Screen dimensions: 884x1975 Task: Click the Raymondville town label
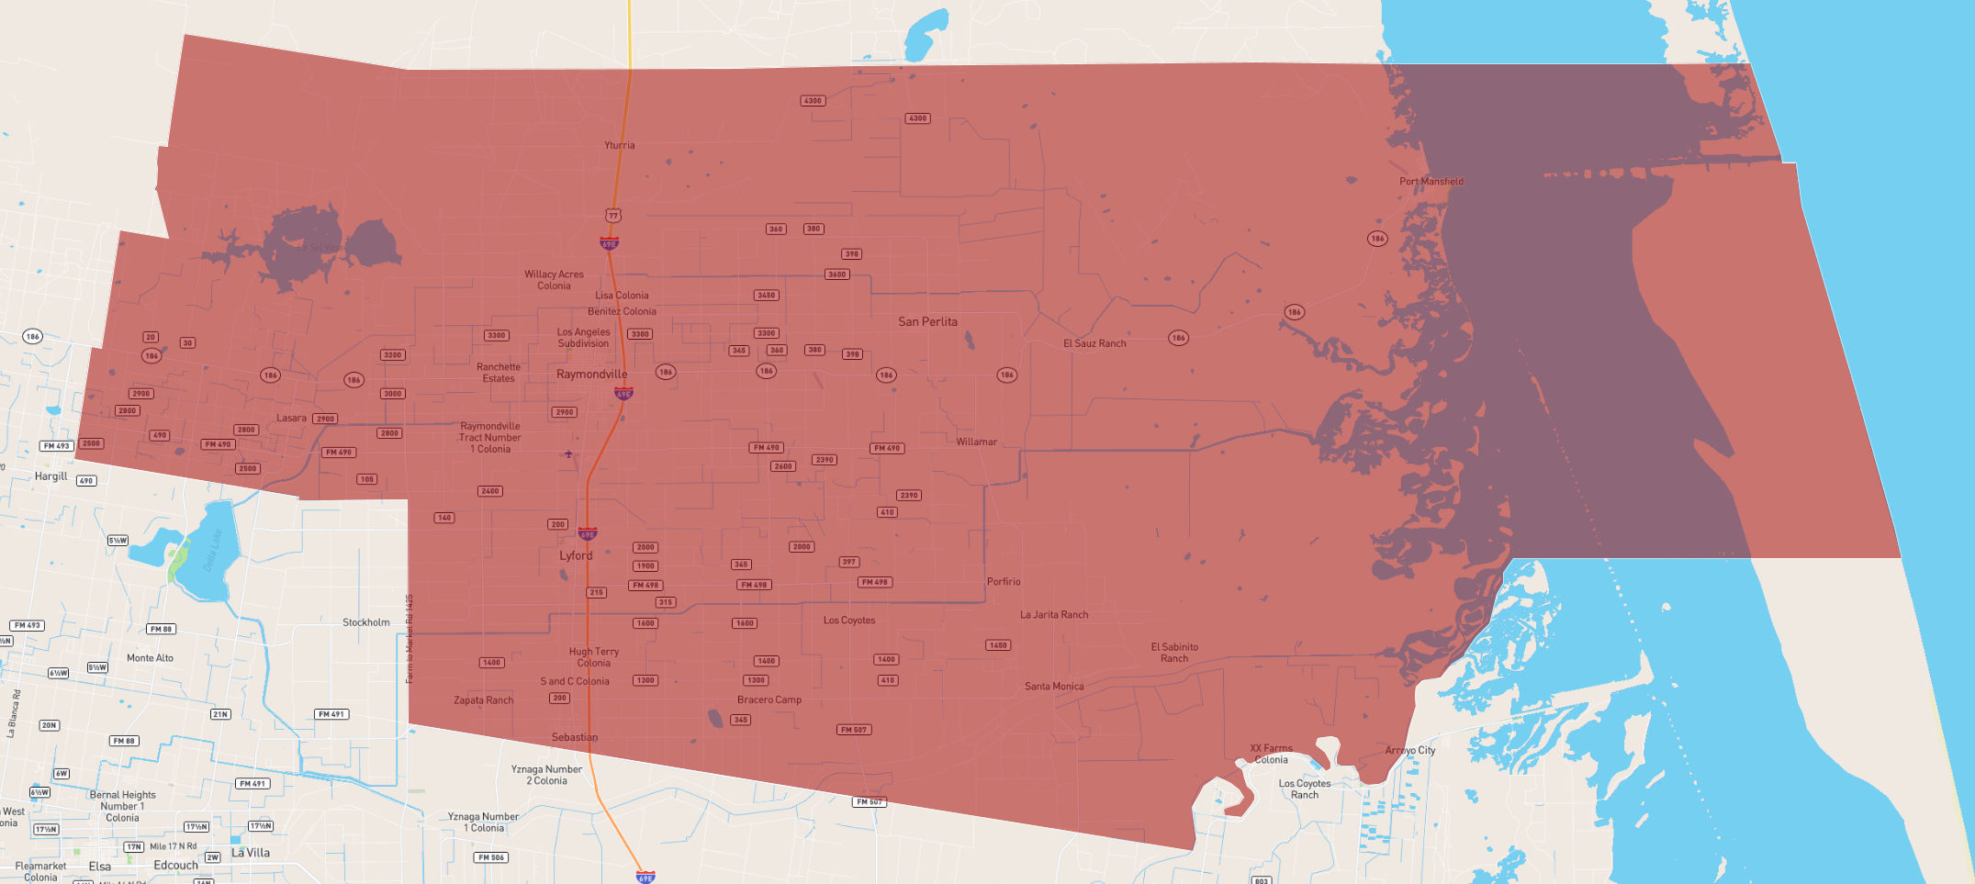pos(591,374)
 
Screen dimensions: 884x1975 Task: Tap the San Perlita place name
pos(927,321)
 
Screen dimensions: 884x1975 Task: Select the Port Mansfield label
pos(1431,181)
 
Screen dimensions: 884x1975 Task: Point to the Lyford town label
pos(576,555)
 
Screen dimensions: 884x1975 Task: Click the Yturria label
pos(619,145)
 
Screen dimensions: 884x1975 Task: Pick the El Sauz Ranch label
pos(1094,343)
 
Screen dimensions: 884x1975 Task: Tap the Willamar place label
pos(976,442)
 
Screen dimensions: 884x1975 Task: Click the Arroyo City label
pos(1409,750)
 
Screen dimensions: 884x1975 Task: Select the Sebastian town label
pos(574,737)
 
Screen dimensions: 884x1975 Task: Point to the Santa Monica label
pos(1054,686)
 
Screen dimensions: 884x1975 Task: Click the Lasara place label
pos(291,418)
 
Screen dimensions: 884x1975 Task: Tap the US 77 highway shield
pos(612,216)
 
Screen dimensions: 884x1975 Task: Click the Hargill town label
pos(50,476)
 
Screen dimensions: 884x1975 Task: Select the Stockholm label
pos(365,622)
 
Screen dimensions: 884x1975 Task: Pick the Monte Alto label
pos(150,658)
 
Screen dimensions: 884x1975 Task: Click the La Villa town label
pos(250,853)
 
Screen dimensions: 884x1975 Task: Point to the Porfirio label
pos(1003,581)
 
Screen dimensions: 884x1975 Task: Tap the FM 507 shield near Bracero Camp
pos(854,730)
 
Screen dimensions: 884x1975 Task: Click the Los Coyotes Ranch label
pos(1304,789)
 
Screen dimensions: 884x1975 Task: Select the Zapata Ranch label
pos(483,700)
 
